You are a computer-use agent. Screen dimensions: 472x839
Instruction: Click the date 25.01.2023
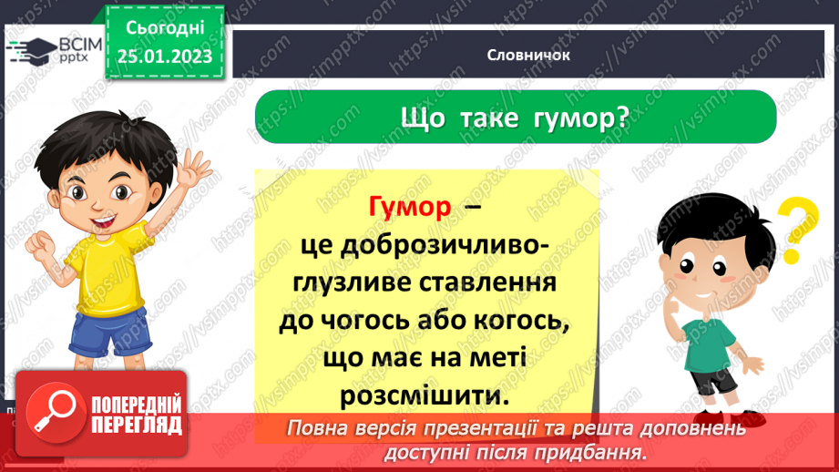165,56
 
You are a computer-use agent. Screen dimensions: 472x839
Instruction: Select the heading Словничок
528,55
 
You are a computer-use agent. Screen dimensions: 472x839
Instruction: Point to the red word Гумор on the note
410,208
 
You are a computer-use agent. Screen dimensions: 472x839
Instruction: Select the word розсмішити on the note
425,397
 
